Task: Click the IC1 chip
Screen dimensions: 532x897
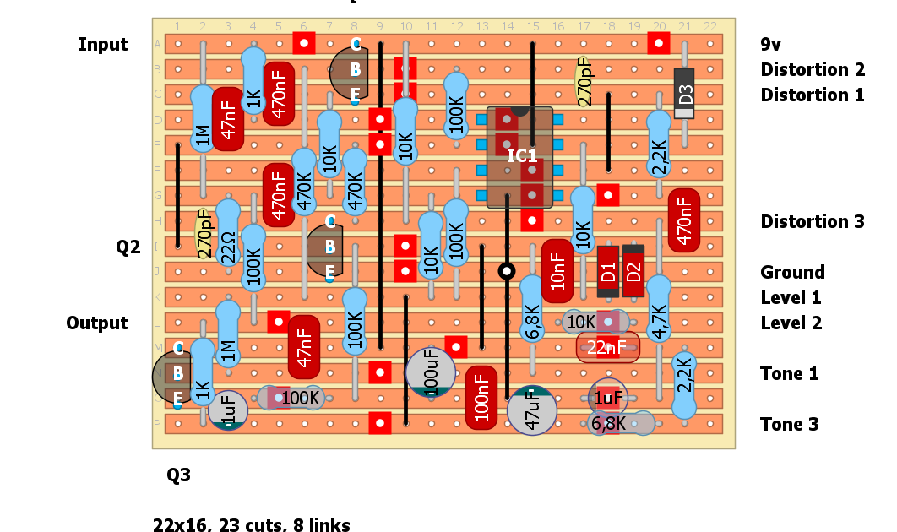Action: click(519, 157)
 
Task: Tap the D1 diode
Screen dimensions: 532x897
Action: click(608, 272)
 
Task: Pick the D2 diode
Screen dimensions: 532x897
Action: click(633, 272)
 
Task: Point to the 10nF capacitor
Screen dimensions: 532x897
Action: click(557, 271)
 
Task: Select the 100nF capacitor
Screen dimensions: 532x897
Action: click(481, 397)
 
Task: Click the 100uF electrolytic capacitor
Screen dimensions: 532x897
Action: click(431, 372)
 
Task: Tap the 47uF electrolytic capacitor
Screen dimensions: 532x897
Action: click(532, 410)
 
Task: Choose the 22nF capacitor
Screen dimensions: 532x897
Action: click(608, 347)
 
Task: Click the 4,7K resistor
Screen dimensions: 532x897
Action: click(659, 309)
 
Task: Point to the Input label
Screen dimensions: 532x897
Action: click(103, 45)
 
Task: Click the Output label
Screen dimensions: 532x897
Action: click(97, 323)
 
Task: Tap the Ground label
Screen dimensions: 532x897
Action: click(791, 272)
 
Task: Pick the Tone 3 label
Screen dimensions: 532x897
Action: click(789, 425)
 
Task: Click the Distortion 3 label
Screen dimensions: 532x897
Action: click(812, 222)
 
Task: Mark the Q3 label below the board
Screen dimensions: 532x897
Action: click(178, 475)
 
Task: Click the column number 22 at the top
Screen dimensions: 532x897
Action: click(709, 27)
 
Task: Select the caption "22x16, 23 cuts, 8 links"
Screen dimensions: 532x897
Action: click(251, 525)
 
